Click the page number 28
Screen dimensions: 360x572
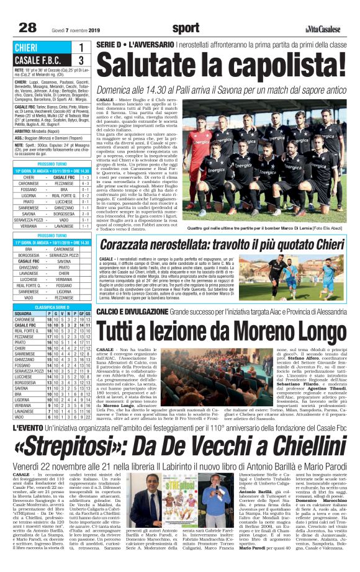27,27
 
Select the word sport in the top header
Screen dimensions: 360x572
186,27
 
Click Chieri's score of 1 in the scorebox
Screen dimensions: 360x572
81,48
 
